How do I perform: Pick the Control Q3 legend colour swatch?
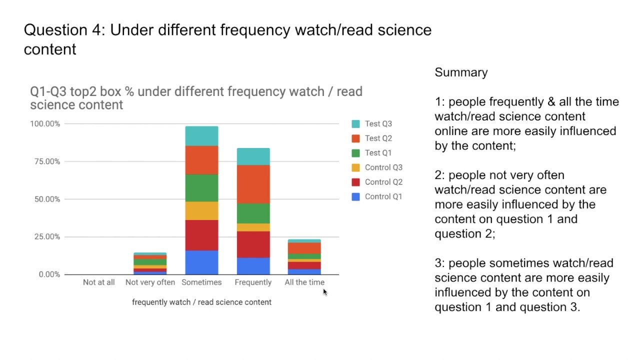click(356, 167)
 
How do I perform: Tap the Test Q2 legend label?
click(378, 138)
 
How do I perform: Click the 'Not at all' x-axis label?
click(99, 282)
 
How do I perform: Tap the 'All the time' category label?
click(304, 282)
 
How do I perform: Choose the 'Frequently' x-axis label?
click(253, 282)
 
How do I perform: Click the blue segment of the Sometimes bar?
click(201, 262)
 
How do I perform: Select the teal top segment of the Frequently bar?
click(253, 156)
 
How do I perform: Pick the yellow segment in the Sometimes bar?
click(201, 210)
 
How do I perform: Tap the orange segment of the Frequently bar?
click(253, 184)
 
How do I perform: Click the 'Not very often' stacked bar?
click(150, 263)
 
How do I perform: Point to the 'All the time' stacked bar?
click(304, 257)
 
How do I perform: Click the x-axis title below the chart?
click(201, 302)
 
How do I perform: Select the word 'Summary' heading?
click(461, 72)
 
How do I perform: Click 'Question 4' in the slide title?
click(63, 30)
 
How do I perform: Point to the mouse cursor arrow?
click(324, 292)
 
